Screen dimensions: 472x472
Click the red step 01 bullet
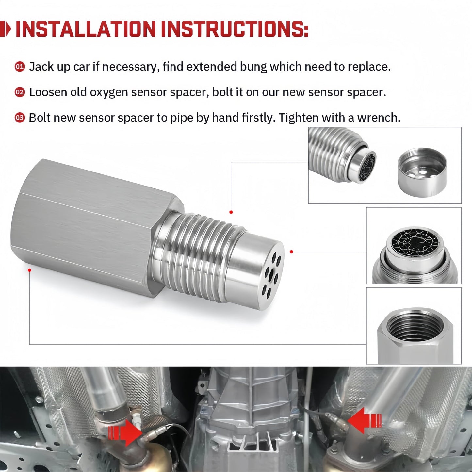coord(20,67)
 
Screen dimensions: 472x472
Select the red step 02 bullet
coord(20,92)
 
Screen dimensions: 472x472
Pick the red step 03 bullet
coord(20,118)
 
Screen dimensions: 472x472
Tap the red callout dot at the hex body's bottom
coord(29,270)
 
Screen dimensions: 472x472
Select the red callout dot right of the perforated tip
coord(291,252)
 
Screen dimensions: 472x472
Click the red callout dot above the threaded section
coord(231,212)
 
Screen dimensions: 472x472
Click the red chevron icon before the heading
coord(6,29)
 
